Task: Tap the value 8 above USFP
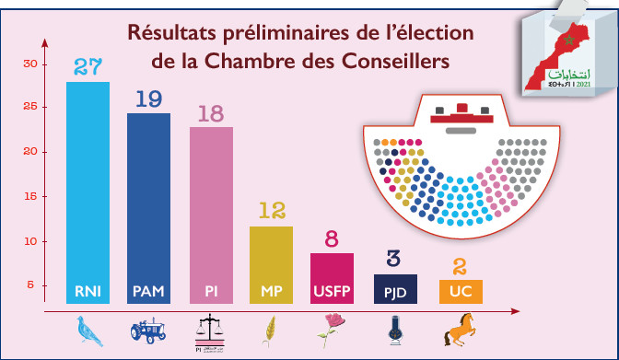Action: [x=333, y=239]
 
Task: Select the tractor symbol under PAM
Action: [x=148, y=330]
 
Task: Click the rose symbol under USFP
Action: [x=333, y=330]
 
